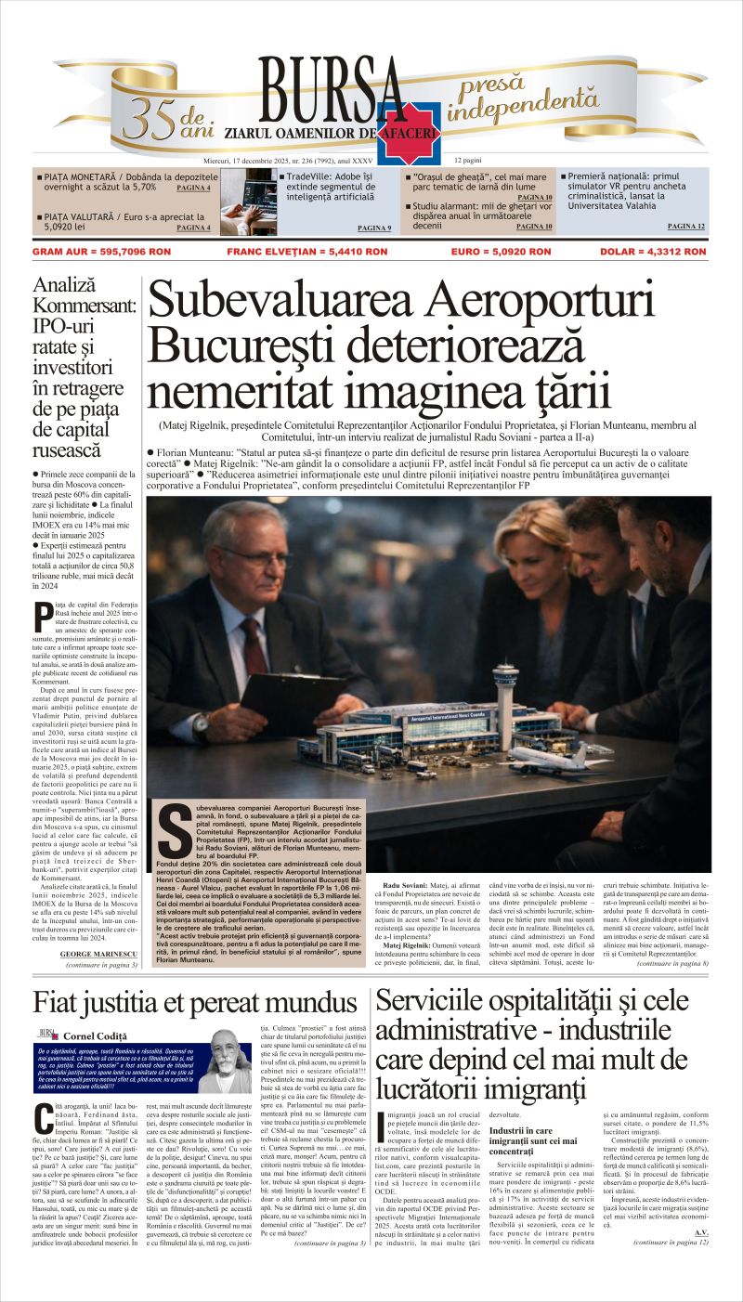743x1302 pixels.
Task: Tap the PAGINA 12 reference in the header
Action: [685, 226]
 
